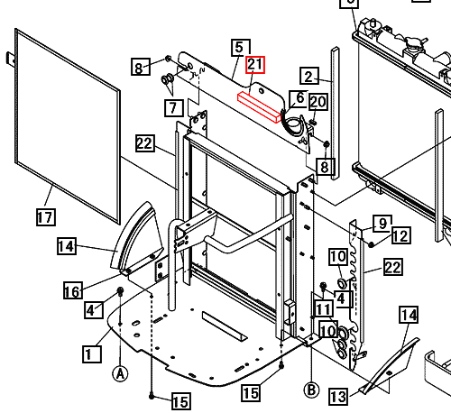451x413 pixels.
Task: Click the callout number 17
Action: coord(46,216)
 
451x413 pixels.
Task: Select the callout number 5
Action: coord(240,46)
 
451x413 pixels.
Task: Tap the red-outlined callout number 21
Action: coord(254,64)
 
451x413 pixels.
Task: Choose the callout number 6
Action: coord(298,98)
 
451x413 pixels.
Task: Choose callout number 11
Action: coord(321,308)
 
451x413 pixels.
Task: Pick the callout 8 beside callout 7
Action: coord(141,67)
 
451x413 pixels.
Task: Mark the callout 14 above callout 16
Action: coord(67,244)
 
